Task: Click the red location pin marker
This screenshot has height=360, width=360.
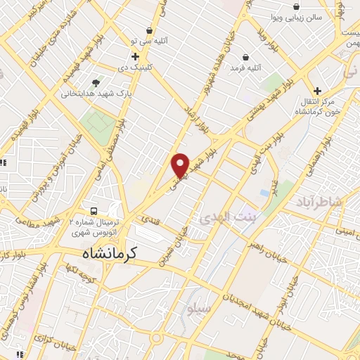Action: pyautogui.click(x=181, y=165)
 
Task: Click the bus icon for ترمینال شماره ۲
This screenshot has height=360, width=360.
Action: pyautogui.click(x=93, y=211)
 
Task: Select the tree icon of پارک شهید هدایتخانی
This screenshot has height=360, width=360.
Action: pyautogui.click(x=96, y=82)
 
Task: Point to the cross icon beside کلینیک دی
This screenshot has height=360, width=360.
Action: pyautogui.click(x=135, y=56)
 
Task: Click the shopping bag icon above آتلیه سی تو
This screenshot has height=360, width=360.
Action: pyautogui.click(x=150, y=31)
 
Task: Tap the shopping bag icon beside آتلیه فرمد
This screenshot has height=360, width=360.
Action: pyautogui.click(x=245, y=57)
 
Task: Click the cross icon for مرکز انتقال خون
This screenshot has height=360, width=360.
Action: pyautogui.click(x=317, y=91)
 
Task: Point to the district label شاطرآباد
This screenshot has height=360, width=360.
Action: pyautogui.click(x=335, y=202)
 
